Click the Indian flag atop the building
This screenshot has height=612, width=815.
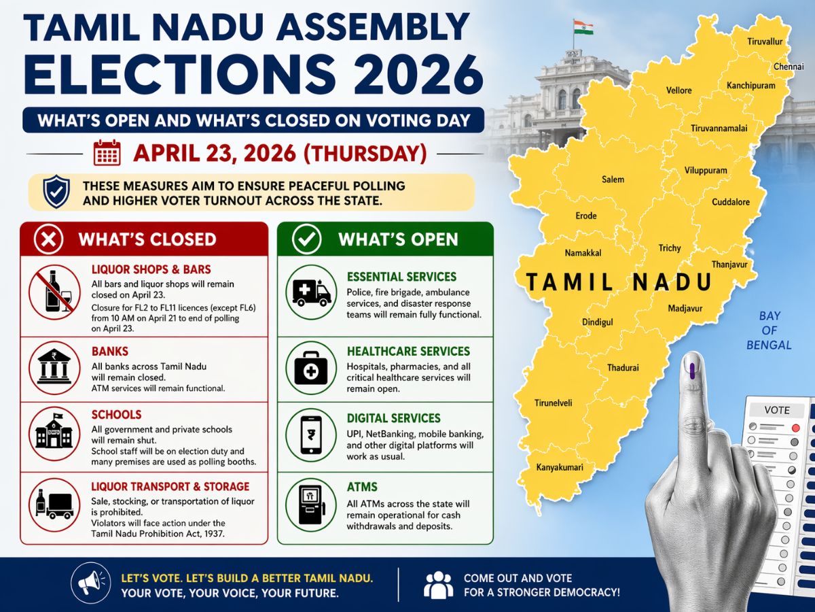coord(582,28)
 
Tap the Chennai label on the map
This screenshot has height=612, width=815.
coord(789,67)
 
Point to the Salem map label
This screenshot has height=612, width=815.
coord(613,180)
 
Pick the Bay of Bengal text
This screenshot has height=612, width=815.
coord(769,330)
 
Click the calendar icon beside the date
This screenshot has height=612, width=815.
coord(107,153)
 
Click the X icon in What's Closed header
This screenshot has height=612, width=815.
coord(52,239)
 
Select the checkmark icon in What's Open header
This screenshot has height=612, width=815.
coord(306,239)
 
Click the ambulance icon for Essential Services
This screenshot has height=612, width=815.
coord(312,292)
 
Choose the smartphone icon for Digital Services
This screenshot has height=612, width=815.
coord(312,434)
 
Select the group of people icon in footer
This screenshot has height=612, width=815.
coord(438,583)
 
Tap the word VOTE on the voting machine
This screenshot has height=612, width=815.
coord(776,410)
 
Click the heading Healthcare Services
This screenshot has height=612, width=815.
coord(408,352)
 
